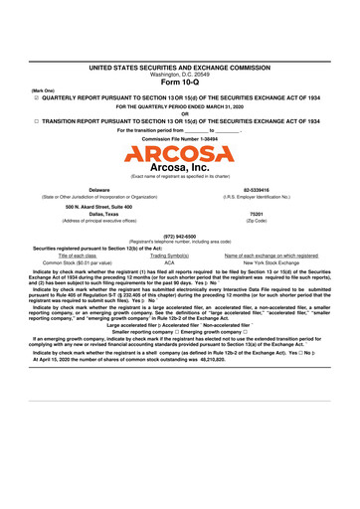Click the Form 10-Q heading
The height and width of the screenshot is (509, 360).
click(179, 83)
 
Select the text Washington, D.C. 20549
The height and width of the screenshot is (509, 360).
click(179, 73)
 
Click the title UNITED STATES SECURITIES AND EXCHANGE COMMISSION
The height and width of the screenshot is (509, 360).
click(179, 66)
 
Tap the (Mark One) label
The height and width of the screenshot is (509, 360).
click(45, 90)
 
